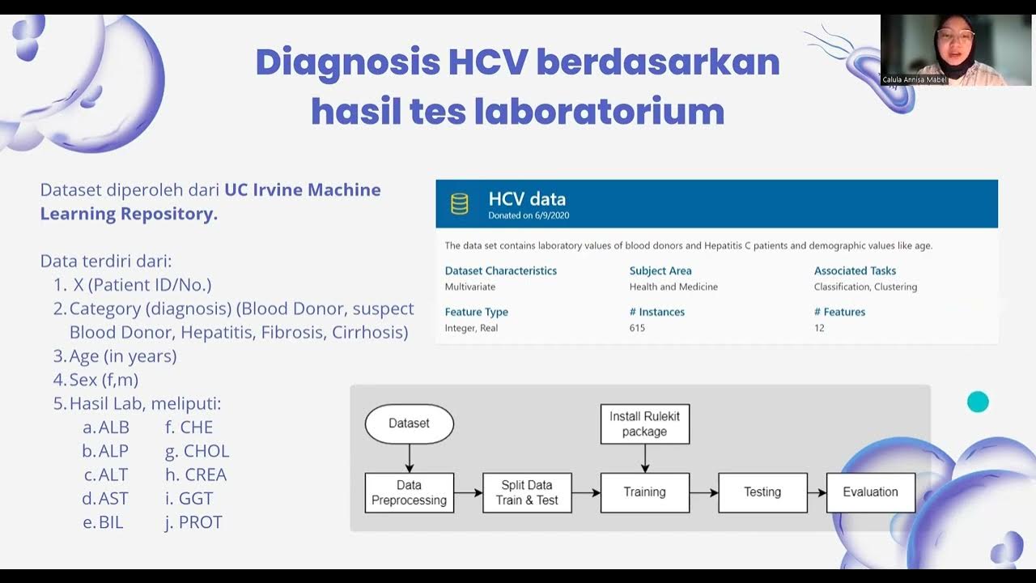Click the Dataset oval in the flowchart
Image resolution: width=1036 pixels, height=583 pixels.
tap(409, 423)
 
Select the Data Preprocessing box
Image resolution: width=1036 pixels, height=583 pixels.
tap(409, 492)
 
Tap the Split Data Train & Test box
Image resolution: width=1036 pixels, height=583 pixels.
tap(527, 492)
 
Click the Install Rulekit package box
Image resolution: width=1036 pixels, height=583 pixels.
tap(644, 423)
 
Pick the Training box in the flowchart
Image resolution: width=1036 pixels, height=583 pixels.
tap(644, 492)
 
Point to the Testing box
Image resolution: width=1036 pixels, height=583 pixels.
tap(762, 492)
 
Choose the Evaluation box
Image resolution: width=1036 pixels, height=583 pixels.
tap(870, 492)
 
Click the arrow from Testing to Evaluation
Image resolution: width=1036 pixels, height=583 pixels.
tap(817, 492)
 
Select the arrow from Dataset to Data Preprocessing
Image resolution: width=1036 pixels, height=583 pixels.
tap(409, 458)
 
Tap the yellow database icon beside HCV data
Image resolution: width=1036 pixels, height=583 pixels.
tap(460, 204)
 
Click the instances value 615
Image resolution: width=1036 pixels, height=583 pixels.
tap(637, 328)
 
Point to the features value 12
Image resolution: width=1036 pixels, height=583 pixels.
tap(819, 328)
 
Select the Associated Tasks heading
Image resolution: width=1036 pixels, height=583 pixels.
tap(855, 270)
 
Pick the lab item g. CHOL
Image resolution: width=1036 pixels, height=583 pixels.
tap(197, 451)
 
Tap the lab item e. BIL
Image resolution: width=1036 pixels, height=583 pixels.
tap(104, 522)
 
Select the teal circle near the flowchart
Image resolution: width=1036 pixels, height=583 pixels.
tap(978, 402)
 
